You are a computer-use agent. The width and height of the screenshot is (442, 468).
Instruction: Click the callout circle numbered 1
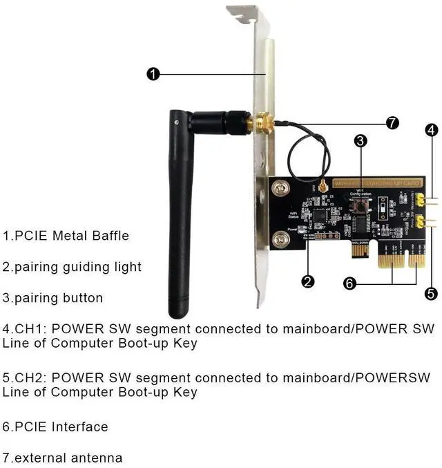point(153,73)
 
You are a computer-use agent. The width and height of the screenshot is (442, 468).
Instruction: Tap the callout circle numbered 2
point(309,281)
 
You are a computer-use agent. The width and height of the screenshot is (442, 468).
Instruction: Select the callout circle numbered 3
point(360,140)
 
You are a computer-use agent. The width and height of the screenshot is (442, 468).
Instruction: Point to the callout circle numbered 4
point(432,129)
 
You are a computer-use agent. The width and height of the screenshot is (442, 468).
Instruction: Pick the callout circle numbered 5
point(432,294)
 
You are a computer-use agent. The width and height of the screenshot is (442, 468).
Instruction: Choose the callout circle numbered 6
point(350,283)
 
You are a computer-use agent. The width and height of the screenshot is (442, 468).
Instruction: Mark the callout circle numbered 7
point(392,123)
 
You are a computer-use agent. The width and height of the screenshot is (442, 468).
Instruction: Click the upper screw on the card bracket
point(280,187)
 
